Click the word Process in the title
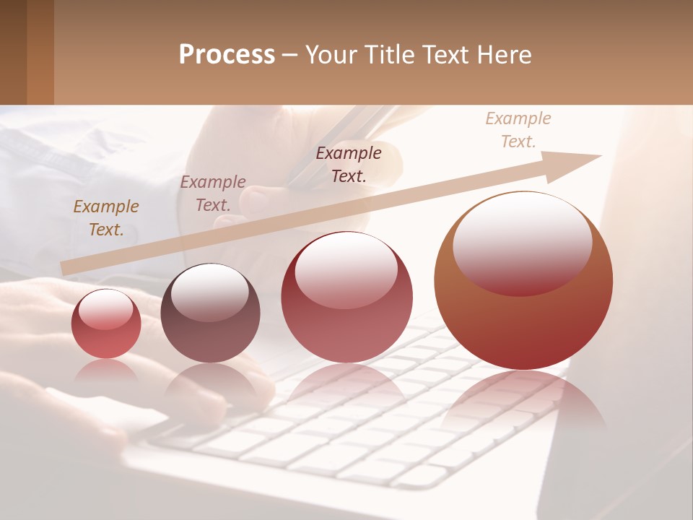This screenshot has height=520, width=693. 227,55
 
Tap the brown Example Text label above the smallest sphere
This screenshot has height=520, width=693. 106,218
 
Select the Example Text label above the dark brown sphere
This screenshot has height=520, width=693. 213,194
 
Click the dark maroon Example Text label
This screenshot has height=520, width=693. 349,164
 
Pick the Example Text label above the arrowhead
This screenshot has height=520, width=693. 518,130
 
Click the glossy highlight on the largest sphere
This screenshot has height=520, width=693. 522,242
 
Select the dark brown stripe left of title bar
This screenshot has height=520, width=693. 13,52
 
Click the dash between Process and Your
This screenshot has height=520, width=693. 290,56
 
